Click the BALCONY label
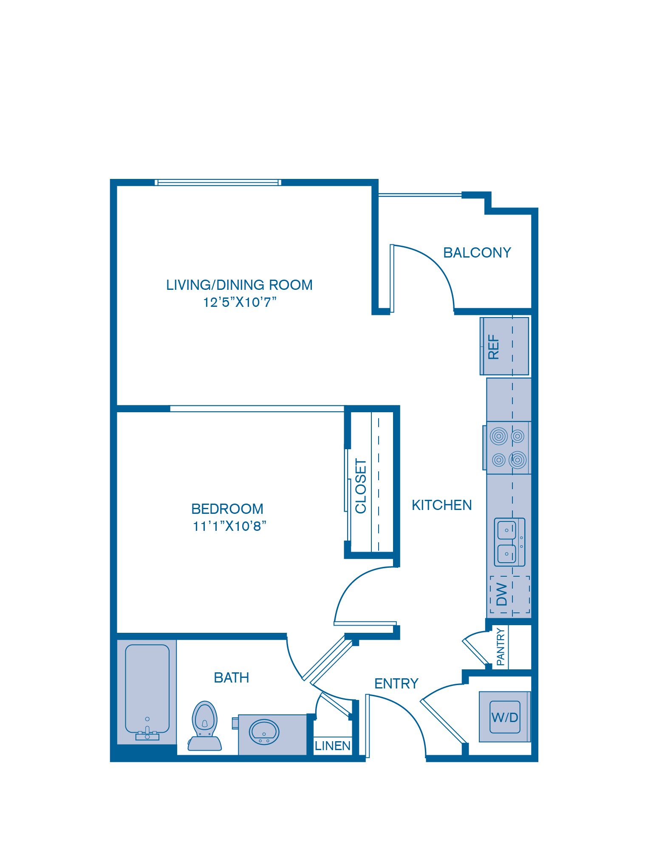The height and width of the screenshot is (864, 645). click(x=477, y=252)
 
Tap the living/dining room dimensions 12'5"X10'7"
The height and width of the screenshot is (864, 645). click(x=240, y=302)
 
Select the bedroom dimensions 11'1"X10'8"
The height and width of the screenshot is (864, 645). click(x=229, y=526)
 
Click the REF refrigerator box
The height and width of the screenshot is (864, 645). click(x=504, y=346)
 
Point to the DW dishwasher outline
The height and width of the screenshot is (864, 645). click(x=509, y=595)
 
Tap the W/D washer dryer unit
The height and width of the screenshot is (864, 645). click(x=504, y=717)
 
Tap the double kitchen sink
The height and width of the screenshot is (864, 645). click(x=509, y=542)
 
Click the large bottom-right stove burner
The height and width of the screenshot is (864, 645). click(x=518, y=459)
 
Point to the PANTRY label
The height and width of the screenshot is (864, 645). click(x=501, y=647)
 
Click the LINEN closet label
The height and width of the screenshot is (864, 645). click(x=332, y=746)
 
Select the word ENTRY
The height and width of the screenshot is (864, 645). click(x=396, y=683)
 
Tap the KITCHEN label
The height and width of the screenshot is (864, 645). click(x=441, y=505)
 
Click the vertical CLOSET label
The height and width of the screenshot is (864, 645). click(x=361, y=486)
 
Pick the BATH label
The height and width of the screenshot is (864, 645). click(x=231, y=677)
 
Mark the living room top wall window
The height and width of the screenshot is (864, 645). click(x=218, y=182)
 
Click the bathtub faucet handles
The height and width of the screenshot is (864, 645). click(x=147, y=734)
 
